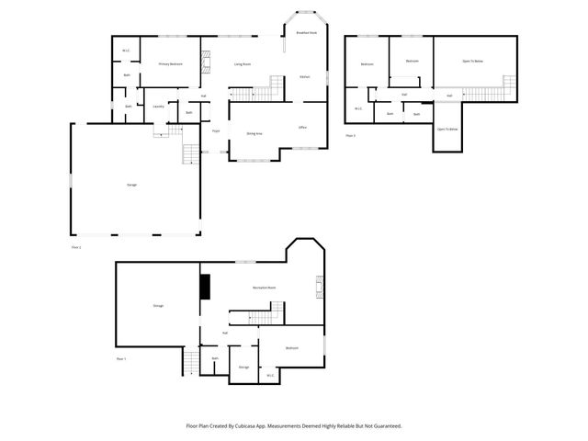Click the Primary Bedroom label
click(170, 64)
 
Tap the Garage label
click(132, 185)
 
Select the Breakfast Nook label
click(306, 32)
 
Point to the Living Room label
click(243, 64)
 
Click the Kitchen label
click(304, 76)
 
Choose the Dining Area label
click(254, 133)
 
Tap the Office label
click(302, 127)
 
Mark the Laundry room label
click(158, 106)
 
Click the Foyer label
click(217, 131)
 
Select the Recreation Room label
click(265, 288)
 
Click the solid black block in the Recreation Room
click(205, 288)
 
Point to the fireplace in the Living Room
click(207, 63)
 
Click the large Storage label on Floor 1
click(158, 305)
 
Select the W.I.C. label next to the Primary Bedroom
click(126, 50)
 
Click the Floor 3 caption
click(350, 135)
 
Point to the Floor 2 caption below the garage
click(76, 247)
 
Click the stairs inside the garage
click(191, 154)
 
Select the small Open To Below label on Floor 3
click(447, 130)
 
